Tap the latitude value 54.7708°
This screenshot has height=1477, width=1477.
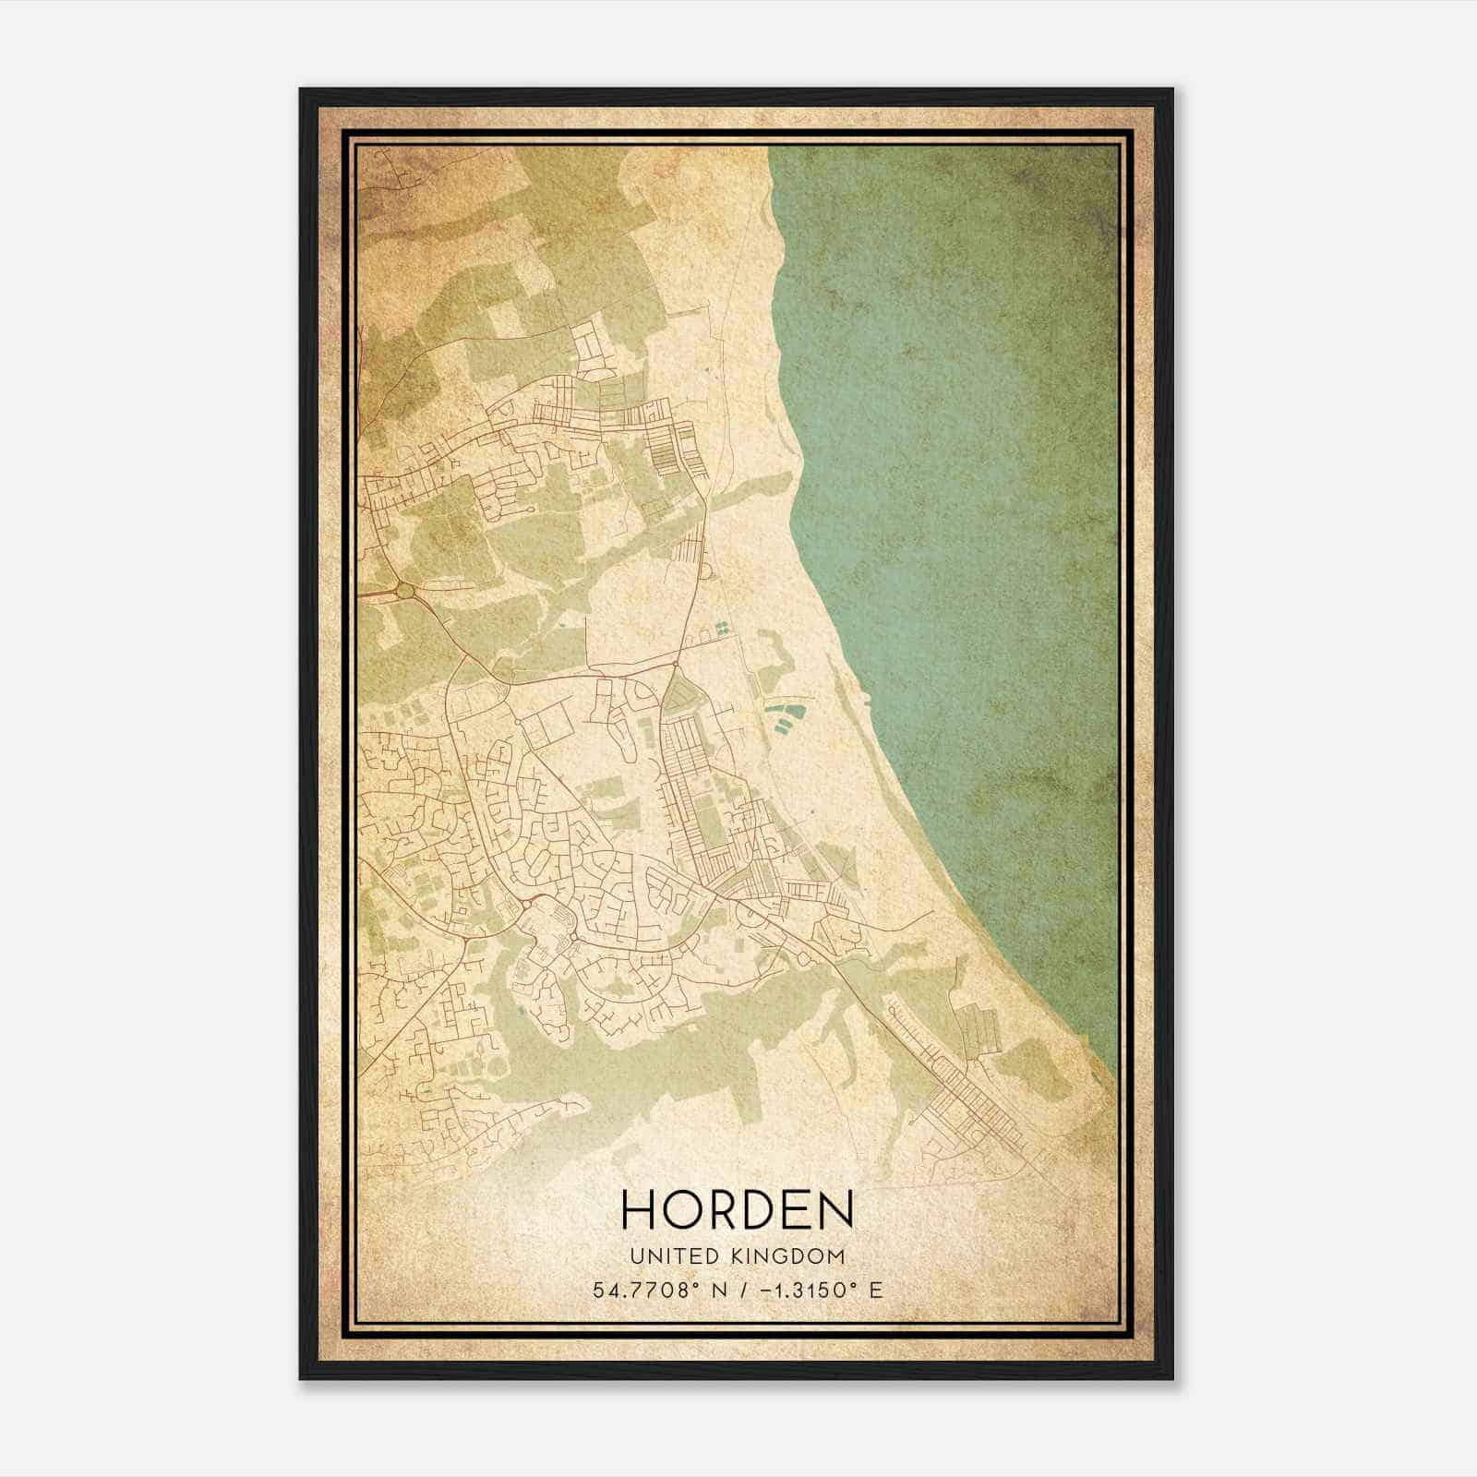[x=644, y=1290]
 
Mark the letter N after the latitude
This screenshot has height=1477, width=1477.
[x=718, y=1290]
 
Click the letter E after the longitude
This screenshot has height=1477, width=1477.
[x=876, y=1290]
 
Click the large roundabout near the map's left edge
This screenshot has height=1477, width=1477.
[x=404, y=589]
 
